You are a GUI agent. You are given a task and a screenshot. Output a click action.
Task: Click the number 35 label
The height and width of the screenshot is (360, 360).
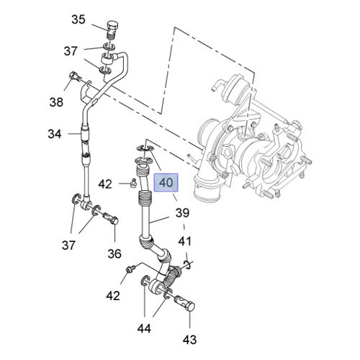[x=78, y=19]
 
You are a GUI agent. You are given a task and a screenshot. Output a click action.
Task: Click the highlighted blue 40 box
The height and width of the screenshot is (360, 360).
[x=166, y=184]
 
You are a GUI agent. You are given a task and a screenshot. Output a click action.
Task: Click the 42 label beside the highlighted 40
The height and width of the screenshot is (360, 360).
[x=106, y=184]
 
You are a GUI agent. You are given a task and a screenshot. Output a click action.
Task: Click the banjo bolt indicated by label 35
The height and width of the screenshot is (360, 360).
[x=110, y=28]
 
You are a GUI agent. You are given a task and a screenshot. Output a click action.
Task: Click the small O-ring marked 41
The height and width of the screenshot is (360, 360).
[x=186, y=265]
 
